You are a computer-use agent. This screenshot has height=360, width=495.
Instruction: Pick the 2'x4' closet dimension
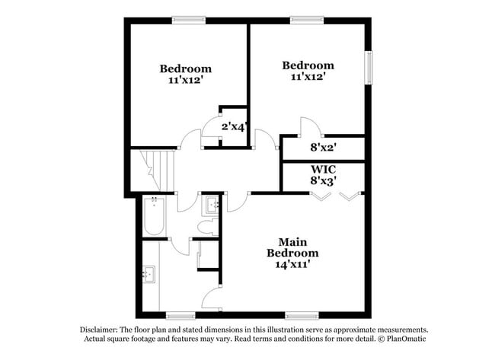click(x=234, y=127)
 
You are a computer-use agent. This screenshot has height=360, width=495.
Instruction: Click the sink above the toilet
click(x=211, y=205)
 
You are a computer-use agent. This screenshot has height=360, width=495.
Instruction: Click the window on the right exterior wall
click(x=371, y=68)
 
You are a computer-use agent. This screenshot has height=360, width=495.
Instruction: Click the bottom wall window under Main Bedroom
click(x=302, y=314)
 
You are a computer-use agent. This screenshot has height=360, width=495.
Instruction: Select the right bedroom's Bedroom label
click(x=308, y=65)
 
